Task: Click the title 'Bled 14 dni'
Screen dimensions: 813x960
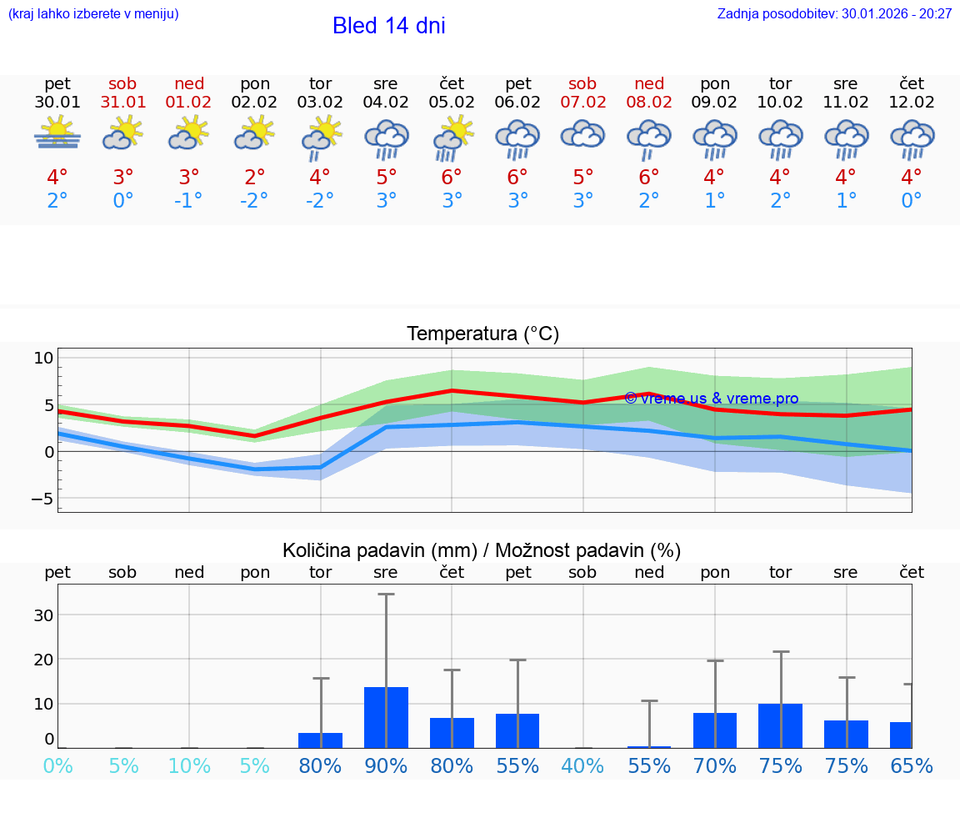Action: click(388, 26)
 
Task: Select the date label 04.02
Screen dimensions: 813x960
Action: click(386, 103)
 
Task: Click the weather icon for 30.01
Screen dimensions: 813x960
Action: click(57, 133)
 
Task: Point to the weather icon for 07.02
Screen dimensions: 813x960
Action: click(582, 134)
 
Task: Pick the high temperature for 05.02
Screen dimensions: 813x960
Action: click(452, 178)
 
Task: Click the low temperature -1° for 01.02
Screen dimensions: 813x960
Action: click(189, 201)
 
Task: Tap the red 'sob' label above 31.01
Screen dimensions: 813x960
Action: click(122, 83)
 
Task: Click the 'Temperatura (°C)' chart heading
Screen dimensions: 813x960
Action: click(482, 334)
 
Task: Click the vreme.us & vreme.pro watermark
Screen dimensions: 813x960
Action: click(712, 399)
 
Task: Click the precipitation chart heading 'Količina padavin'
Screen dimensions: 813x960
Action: click(482, 550)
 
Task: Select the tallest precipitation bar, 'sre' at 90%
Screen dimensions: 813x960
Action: click(386, 717)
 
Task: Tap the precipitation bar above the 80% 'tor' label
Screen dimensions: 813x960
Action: click(321, 740)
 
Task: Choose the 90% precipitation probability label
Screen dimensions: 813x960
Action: click(386, 765)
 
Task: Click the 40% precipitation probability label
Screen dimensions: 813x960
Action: click(582, 765)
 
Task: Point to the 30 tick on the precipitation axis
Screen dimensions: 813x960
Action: click(43, 615)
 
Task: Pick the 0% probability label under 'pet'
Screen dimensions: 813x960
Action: click(57, 765)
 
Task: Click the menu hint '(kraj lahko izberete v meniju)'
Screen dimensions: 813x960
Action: click(93, 14)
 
